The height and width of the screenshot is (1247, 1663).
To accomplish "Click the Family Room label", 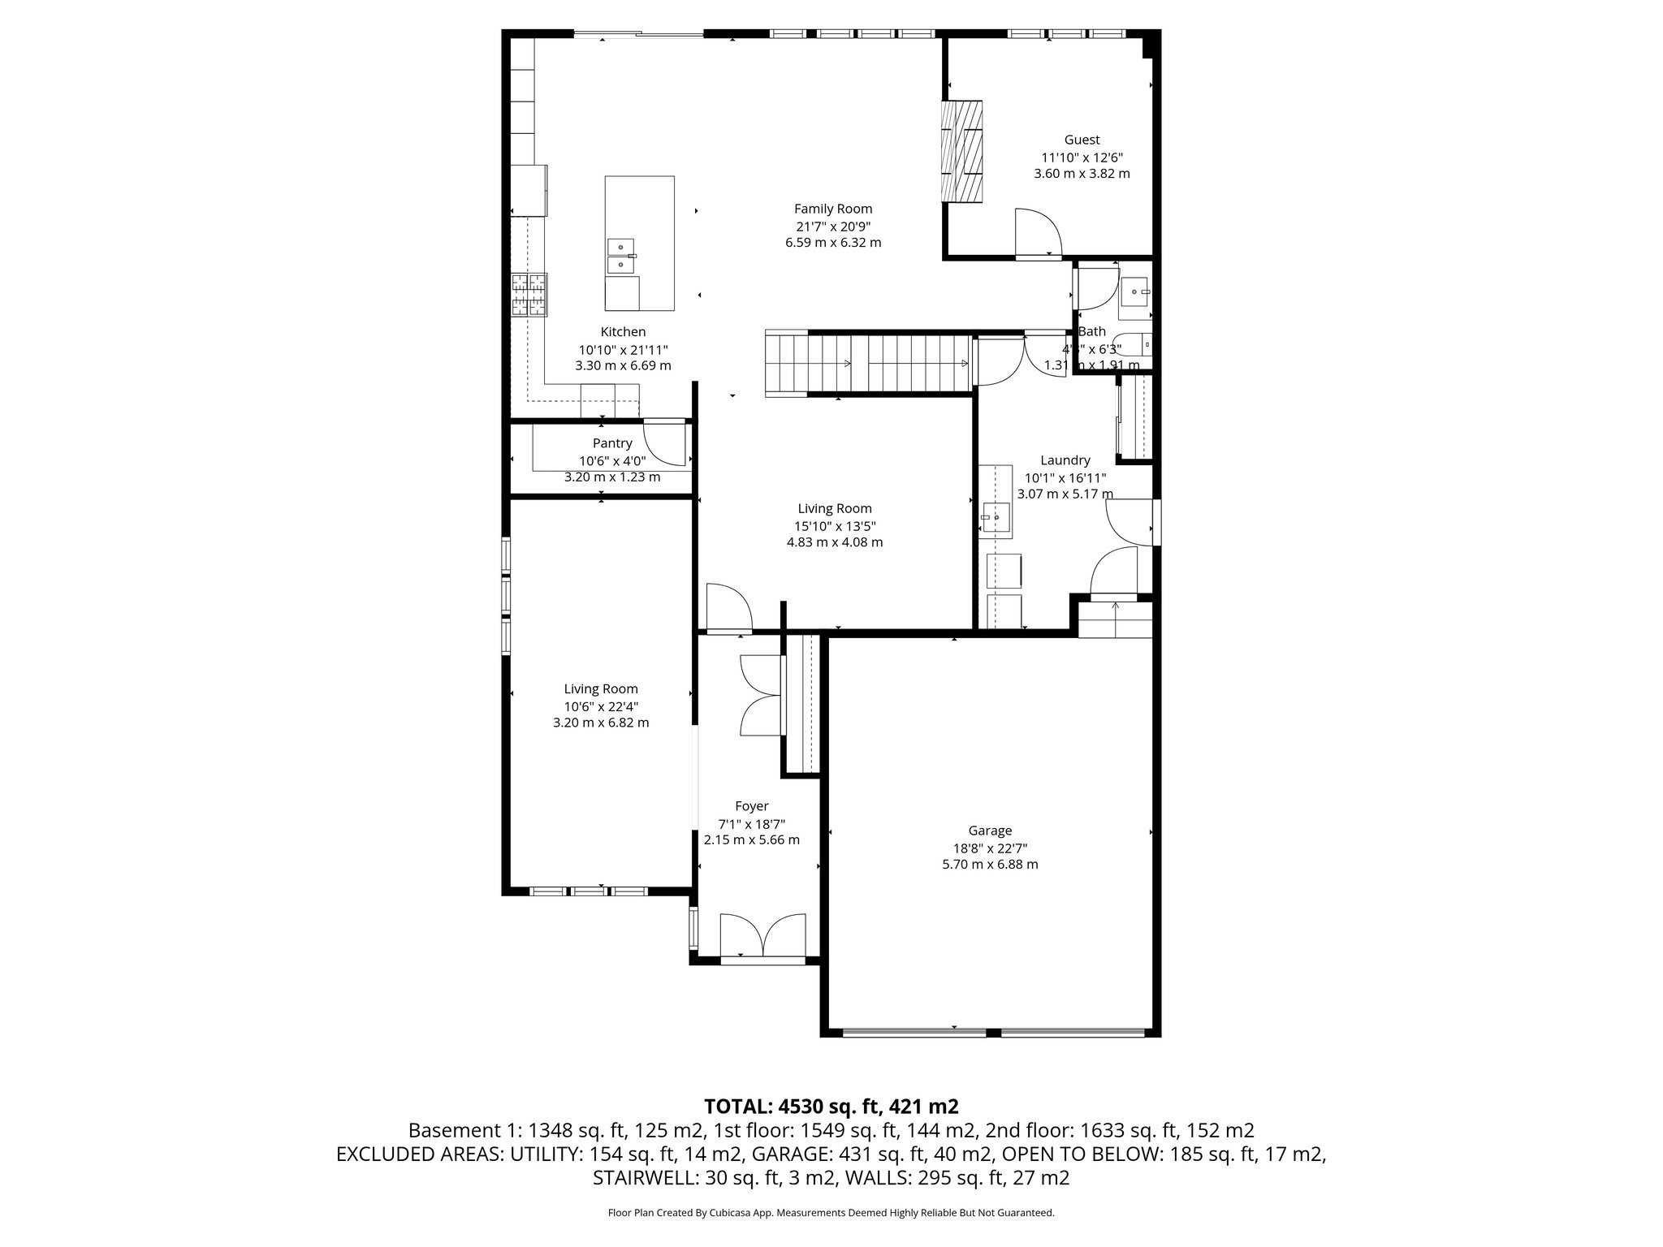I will click(x=833, y=209).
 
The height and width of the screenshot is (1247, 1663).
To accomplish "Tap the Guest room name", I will click(x=1082, y=140).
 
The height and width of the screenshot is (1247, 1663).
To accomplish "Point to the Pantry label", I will click(x=612, y=443).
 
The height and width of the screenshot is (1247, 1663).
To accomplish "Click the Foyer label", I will click(x=751, y=806).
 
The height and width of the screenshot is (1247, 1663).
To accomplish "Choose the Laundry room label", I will click(x=1065, y=460).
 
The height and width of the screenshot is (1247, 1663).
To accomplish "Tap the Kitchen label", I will click(x=623, y=331).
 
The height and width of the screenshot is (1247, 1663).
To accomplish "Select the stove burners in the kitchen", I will click(x=529, y=295).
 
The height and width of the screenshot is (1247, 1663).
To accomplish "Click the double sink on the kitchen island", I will click(x=621, y=255).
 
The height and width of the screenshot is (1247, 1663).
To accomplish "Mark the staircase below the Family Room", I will click(x=869, y=364).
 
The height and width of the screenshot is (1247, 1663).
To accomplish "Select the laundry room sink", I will click(x=995, y=516).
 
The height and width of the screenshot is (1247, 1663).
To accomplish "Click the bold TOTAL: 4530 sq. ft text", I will click(x=831, y=1106).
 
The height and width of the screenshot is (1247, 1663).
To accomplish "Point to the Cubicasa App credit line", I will click(x=831, y=1213).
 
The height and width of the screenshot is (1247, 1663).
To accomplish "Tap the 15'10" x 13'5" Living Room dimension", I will click(x=835, y=525).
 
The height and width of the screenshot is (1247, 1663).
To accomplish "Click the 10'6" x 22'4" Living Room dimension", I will click(x=601, y=706).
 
